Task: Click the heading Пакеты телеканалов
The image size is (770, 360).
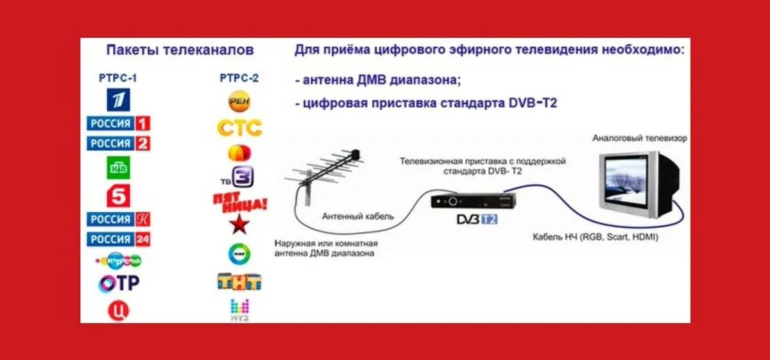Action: pos(180,50)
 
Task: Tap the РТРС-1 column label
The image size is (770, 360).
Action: pos(118,79)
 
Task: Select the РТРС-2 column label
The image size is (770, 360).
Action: pos(239,78)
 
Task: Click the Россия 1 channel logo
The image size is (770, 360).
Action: pos(119,123)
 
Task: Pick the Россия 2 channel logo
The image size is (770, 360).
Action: pos(119,143)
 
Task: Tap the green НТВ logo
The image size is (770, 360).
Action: pos(119,167)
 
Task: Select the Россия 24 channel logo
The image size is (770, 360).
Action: pos(119,239)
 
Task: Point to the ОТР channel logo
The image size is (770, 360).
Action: pos(119,282)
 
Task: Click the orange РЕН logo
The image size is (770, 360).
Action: pos(239,101)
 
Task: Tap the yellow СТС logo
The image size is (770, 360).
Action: pos(239,128)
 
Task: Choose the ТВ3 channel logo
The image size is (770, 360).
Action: pos(239,176)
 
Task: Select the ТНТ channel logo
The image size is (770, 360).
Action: pos(239,282)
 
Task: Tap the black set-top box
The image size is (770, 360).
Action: pos(473,200)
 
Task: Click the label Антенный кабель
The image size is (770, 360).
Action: pos(358,218)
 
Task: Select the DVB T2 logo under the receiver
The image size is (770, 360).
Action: pos(476,219)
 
